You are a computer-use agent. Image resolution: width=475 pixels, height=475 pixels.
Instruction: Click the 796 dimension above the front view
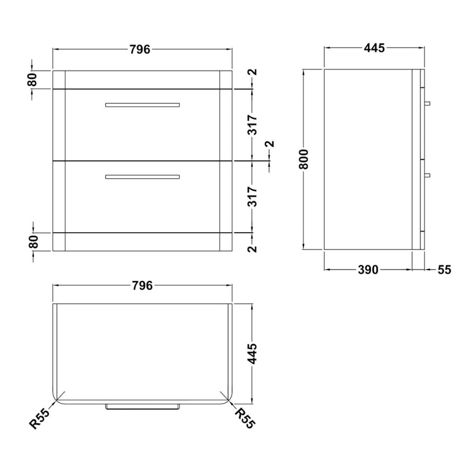(x=140, y=49)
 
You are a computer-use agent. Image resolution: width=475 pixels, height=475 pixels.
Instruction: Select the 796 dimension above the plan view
(x=142, y=286)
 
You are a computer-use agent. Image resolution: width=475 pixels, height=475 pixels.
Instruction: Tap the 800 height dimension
(x=303, y=159)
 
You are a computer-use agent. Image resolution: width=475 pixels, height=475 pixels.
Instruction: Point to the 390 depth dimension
(x=368, y=270)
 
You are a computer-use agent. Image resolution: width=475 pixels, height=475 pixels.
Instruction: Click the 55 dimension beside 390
(x=444, y=270)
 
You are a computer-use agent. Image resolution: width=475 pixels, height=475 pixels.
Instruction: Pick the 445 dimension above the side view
(x=374, y=48)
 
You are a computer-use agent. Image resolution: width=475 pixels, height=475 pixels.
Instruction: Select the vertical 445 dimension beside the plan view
(x=252, y=353)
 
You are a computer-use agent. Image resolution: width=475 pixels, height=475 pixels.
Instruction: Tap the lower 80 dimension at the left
(x=34, y=242)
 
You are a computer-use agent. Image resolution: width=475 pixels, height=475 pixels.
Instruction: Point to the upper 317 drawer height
(x=252, y=125)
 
